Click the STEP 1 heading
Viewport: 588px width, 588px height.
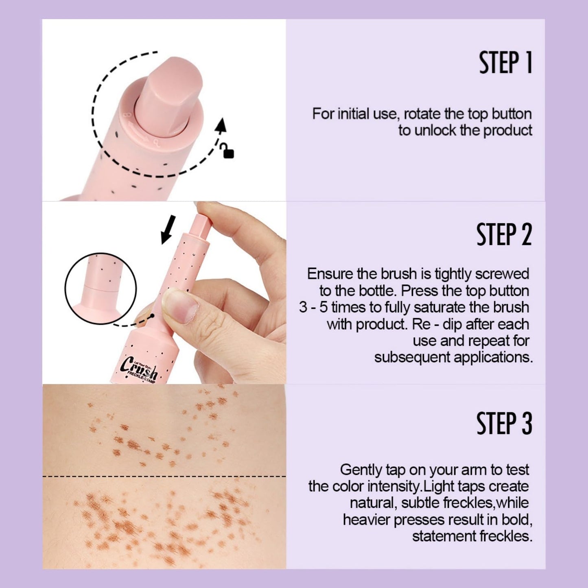(x=506, y=63)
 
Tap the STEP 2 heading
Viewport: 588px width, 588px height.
(x=504, y=234)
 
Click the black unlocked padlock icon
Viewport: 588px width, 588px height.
(x=228, y=151)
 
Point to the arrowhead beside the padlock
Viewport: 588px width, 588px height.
(x=221, y=125)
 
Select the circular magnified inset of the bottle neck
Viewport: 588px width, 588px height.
(x=101, y=289)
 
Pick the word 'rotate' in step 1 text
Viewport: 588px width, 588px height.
(x=422, y=114)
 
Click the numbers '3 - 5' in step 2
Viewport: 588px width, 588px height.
(x=313, y=307)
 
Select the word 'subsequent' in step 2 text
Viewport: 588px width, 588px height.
(x=411, y=357)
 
